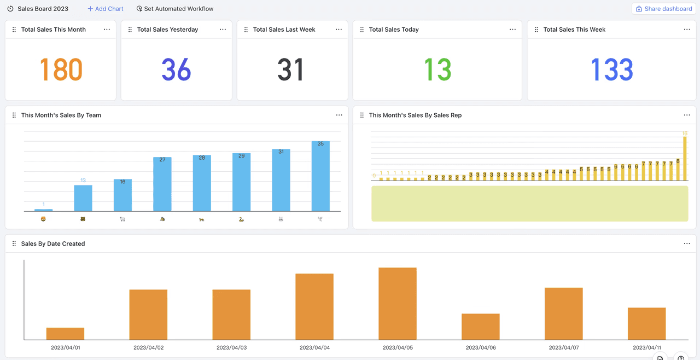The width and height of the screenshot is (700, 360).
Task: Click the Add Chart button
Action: click(x=106, y=9)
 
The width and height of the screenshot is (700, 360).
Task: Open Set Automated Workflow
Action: click(x=175, y=9)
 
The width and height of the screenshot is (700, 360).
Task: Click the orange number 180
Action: click(x=61, y=69)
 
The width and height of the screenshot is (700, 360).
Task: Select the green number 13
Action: click(x=437, y=69)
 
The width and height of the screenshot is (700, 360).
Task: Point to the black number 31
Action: click(x=290, y=69)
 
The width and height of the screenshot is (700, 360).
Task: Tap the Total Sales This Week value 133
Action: click(x=612, y=69)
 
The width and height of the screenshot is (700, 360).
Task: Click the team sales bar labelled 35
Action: click(x=320, y=176)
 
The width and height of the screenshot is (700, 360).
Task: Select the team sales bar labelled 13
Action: click(x=83, y=198)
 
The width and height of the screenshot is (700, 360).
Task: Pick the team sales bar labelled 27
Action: click(x=162, y=184)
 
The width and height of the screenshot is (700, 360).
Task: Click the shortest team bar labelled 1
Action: click(x=43, y=210)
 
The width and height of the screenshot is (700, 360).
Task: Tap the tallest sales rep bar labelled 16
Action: click(x=685, y=159)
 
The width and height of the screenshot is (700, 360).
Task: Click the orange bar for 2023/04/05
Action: click(x=398, y=304)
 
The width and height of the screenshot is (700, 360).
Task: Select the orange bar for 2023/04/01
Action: click(x=65, y=333)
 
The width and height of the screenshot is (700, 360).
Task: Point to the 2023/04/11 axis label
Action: click(x=647, y=347)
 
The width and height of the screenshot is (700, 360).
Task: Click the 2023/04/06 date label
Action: click(x=481, y=347)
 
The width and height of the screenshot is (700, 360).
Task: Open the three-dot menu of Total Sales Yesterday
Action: click(x=223, y=30)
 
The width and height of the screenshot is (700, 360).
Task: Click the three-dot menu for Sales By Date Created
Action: click(x=687, y=243)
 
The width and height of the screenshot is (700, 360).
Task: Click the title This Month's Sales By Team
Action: click(x=61, y=115)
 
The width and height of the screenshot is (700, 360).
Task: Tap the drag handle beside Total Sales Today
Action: click(x=362, y=30)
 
